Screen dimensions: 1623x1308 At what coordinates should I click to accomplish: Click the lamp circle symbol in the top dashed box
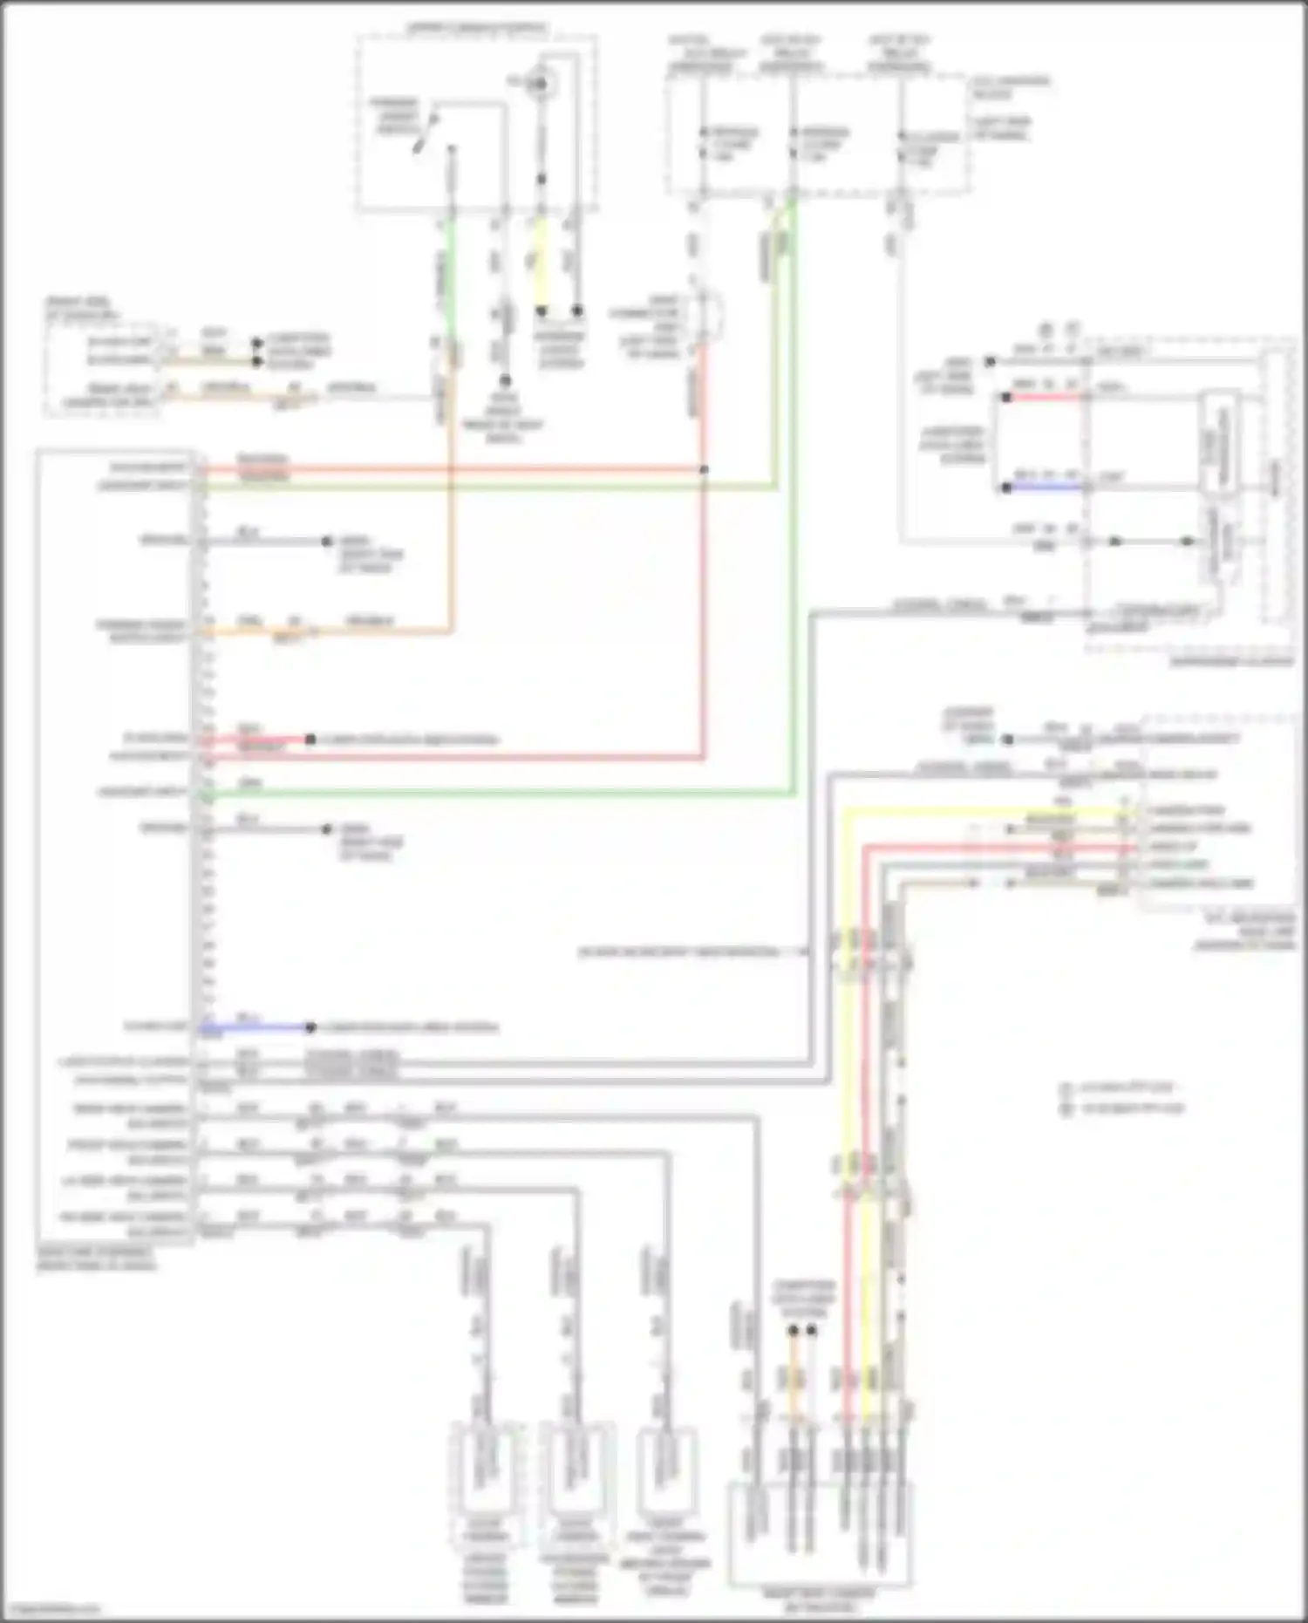541,84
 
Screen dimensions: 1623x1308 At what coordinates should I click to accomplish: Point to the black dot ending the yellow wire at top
541,310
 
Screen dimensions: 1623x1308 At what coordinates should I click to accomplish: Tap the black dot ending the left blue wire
310,1027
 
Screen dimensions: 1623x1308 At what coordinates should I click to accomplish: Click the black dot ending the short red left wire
310,740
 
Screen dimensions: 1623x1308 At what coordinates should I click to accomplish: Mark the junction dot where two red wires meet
704,470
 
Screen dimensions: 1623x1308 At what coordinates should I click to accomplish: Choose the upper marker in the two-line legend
1065,1089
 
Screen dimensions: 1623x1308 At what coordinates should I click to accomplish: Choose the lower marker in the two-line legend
1065,1109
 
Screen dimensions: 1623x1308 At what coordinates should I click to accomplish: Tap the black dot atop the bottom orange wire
793,1331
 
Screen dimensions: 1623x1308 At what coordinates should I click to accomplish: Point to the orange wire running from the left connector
349,631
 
